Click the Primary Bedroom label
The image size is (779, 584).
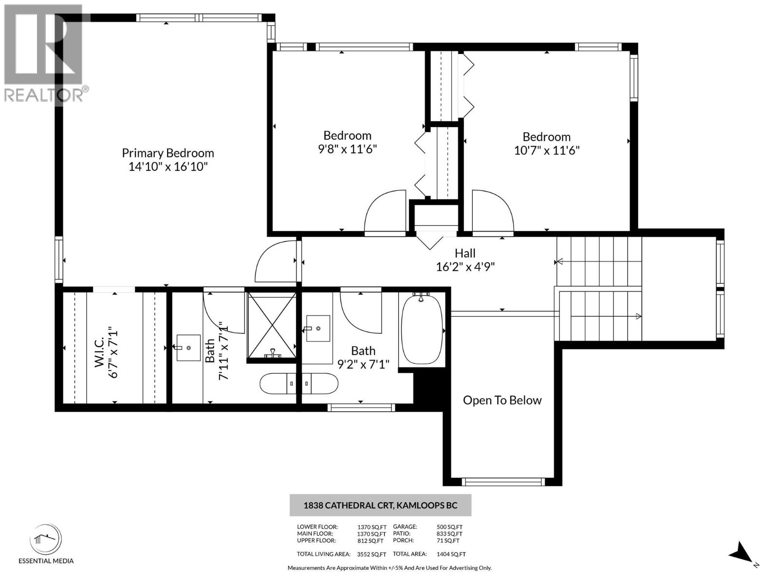tap(167, 153)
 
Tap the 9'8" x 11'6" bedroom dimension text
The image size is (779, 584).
tap(347, 149)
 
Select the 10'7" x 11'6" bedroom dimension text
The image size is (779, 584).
tap(546, 150)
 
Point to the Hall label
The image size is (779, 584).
tap(465, 253)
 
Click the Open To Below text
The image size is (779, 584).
tap(502, 400)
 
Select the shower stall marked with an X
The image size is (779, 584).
tap(272, 325)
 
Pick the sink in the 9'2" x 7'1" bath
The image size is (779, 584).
tap(318, 328)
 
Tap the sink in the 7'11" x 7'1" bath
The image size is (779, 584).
tap(188, 347)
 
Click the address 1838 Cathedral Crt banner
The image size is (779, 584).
tap(380, 505)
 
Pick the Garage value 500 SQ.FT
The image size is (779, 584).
tap(449, 527)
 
